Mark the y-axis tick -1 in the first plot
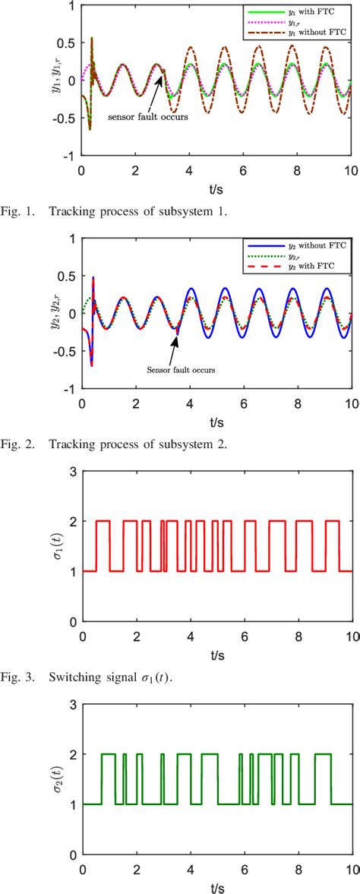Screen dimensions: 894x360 click(x=69, y=156)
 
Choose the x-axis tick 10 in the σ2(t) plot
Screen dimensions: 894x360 click(x=352, y=868)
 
